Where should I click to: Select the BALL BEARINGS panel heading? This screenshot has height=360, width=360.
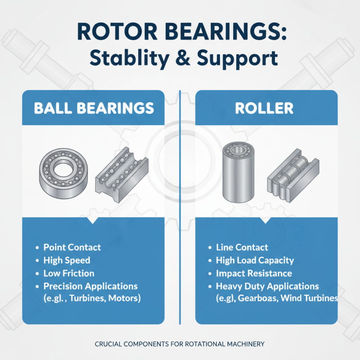(x=94, y=108)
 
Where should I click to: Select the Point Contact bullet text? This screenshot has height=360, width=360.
(x=72, y=247)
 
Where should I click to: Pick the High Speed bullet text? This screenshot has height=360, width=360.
(x=67, y=260)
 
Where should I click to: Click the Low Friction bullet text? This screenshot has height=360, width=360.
(x=69, y=273)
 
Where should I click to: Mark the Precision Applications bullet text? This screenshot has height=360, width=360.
(x=90, y=286)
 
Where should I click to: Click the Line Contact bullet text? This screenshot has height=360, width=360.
(x=242, y=247)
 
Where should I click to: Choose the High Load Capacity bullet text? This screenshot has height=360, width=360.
(x=255, y=260)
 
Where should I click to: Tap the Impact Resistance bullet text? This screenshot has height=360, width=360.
(x=254, y=273)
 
